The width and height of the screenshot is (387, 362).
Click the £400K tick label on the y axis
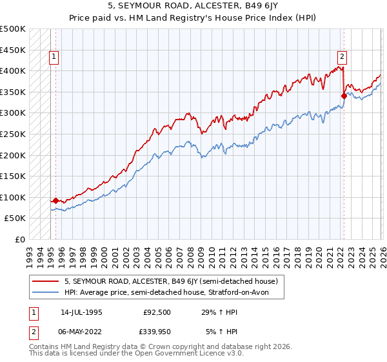[x=12, y=70]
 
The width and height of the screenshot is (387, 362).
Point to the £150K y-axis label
[x=12, y=176]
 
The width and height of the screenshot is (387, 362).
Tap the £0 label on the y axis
[x=20, y=239]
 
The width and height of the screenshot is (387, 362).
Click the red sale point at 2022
[x=344, y=96]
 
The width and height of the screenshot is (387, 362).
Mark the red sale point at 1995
[x=56, y=200]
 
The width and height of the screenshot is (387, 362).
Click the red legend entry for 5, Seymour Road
[x=171, y=281]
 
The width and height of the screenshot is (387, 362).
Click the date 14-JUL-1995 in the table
[x=81, y=312]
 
